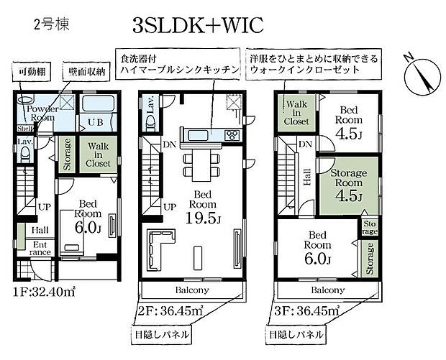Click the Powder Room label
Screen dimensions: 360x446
(43, 114)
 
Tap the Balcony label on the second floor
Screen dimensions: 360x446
(191, 290)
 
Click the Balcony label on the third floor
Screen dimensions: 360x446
(327, 290)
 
